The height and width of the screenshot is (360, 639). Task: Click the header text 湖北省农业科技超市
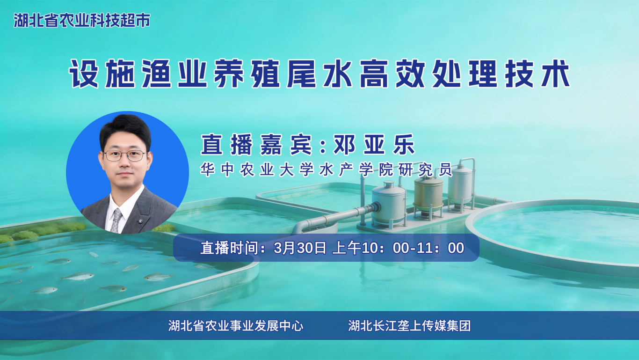tap(82, 21)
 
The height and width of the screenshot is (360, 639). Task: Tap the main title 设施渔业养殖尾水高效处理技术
tap(320, 74)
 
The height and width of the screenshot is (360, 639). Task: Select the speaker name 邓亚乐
tap(374, 146)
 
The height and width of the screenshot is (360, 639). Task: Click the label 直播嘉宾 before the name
tap(256, 146)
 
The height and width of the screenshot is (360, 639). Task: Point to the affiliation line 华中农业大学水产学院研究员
tap(327, 169)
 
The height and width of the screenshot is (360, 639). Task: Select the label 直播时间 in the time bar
tap(229, 248)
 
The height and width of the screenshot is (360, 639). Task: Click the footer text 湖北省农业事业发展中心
tap(236, 325)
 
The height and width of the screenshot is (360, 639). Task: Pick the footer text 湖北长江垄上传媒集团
tap(409, 325)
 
